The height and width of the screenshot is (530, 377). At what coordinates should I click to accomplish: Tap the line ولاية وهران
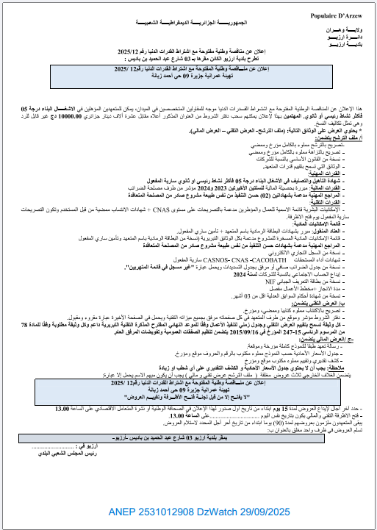coord(351,29)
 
